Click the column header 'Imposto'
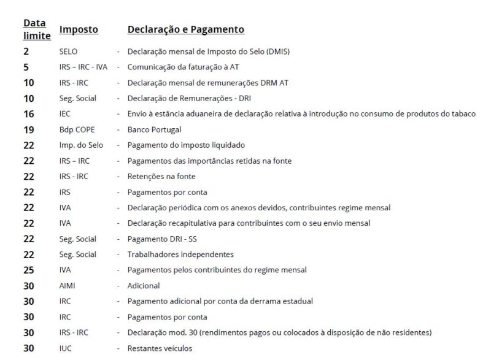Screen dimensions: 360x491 [x=79, y=29]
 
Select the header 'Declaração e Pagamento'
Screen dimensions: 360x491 [x=185, y=29]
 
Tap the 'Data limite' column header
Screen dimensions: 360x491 [x=37, y=29]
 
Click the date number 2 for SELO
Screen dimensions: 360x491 [x=26, y=52]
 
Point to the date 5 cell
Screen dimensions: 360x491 [x=26, y=67]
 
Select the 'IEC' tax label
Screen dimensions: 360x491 [x=65, y=114]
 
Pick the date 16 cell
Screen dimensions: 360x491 [x=29, y=114]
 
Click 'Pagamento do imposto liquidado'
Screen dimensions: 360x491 [x=186, y=145]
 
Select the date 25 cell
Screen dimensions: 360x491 [x=29, y=270]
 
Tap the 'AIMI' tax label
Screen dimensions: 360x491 [x=67, y=286]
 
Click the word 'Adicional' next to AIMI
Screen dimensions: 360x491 [x=144, y=286]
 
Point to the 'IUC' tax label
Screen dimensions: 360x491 [x=65, y=348]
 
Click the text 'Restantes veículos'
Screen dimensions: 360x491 [x=160, y=348]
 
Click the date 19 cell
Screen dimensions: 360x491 [x=29, y=129]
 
